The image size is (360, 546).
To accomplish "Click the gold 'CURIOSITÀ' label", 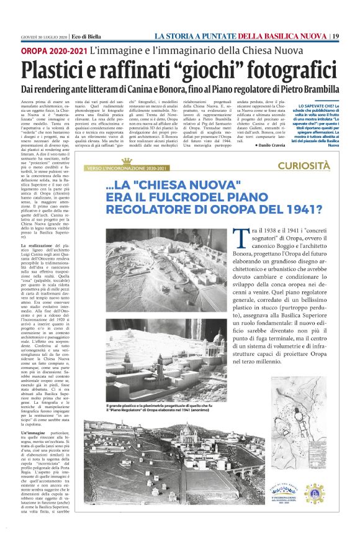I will pyautogui.click(x=304, y=165).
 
